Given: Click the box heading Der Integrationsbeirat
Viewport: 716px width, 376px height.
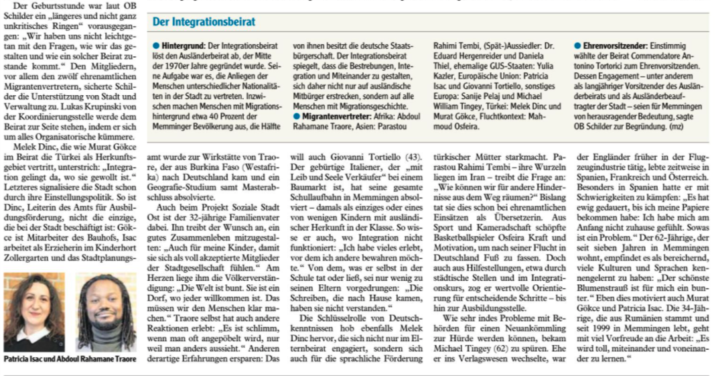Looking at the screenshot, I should point(204,22).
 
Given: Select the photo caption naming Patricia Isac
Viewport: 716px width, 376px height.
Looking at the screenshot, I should point(68,359).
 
